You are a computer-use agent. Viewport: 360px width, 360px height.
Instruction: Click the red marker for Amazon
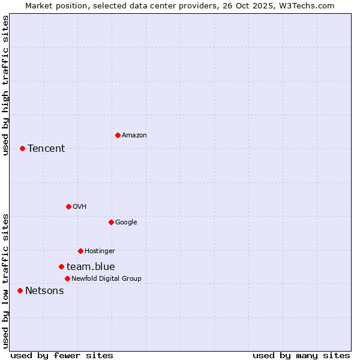[x=118, y=135]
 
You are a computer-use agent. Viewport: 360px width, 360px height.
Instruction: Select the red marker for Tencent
[x=22, y=148]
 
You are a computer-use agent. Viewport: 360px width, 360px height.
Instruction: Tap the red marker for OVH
[x=68, y=206]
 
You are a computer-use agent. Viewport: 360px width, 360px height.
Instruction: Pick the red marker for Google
[x=111, y=222]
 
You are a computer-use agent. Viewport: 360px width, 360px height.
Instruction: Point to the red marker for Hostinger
[x=80, y=251]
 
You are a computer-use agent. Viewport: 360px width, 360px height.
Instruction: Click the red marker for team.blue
[x=61, y=266]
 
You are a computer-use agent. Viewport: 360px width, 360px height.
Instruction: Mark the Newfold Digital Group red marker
[x=67, y=278]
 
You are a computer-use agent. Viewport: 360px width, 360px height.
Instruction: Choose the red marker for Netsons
[x=20, y=290]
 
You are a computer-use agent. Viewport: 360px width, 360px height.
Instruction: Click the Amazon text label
[x=134, y=136]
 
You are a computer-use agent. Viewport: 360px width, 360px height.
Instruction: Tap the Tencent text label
[x=46, y=149]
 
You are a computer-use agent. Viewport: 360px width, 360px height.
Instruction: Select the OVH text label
[x=79, y=207]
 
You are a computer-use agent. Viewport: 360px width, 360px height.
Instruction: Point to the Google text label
[x=126, y=223]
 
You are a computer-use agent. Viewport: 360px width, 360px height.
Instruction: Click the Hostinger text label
[x=100, y=251]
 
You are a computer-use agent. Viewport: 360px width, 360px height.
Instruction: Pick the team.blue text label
[x=91, y=267]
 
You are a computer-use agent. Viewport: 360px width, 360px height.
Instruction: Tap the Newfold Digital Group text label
[x=106, y=279]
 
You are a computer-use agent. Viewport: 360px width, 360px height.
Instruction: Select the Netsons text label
[x=44, y=291]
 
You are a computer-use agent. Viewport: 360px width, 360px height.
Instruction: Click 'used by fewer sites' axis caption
[x=62, y=355]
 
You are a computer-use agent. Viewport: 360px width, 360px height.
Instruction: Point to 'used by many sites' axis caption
[x=301, y=355]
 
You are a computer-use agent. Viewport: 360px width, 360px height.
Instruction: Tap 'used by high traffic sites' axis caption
[x=5, y=85]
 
